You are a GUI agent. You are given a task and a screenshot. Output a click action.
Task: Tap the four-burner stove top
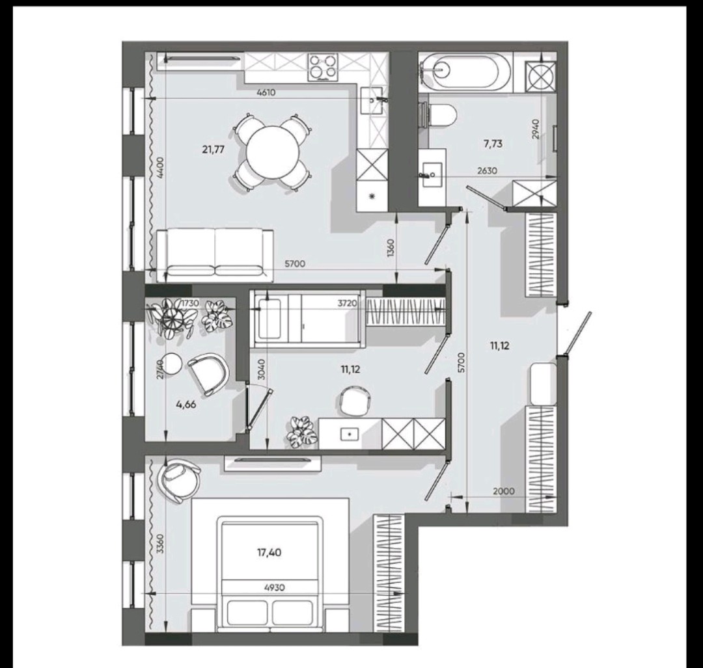pyautogui.click(x=322, y=67)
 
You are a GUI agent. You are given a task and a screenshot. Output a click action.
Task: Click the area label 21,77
pyautogui.click(x=213, y=150)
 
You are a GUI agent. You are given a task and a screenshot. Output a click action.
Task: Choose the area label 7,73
pyautogui.click(x=493, y=144)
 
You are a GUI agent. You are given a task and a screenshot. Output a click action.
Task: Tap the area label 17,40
pyautogui.click(x=269, y=552)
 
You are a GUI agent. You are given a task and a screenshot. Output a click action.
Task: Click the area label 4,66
pyautogui.click(x=186, y=404)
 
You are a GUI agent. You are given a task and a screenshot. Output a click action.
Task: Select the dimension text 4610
pyautogui.click(x=266, y=93)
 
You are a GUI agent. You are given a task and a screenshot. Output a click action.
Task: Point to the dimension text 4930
pyautogui.click(x=275, y=587)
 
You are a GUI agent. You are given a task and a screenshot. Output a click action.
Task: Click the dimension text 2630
pyautogui.click(x=488, y=170)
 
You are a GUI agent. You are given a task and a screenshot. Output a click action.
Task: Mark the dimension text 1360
pyautogui.click(x=391, y=248)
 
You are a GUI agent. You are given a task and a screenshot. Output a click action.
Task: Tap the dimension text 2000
pyautogui.click(x=503, y=491)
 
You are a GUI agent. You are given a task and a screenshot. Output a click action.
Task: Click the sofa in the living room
pyautogui.click(x=215, y=255)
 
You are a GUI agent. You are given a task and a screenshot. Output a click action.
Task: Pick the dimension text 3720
pyautogui.click(x=348, y=303)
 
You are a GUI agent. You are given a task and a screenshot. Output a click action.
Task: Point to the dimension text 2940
pyautogui.click(x=536, y=129)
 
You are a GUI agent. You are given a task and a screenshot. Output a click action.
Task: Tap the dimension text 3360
pyautogui.click(x=161, y=544)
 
